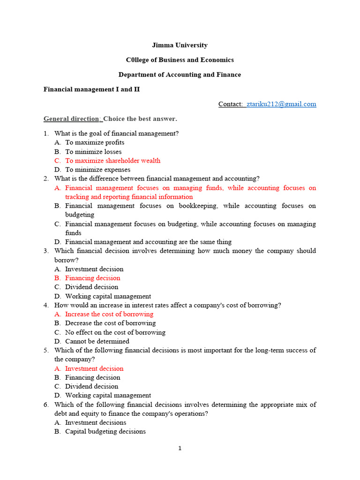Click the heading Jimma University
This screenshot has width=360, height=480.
pos(180,45)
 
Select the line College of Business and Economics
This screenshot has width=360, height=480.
pos(180,60)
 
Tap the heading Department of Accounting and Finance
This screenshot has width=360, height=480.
pos(180,75)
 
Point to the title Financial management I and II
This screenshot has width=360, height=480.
pos(91,89)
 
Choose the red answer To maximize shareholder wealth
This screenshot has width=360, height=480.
pos(112,161)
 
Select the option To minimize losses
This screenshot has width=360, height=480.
pos(93,152)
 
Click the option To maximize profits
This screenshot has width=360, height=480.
pos(95,142)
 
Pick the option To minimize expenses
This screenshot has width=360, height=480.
pos(97,170)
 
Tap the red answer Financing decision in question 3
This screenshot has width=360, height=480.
pos(92,278)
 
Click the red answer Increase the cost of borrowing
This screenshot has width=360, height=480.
pos(109,314)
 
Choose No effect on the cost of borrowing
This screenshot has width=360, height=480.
pos(115,332)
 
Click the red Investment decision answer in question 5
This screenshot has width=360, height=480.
pos(94,368)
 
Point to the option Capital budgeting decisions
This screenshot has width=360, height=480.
pos(105,431)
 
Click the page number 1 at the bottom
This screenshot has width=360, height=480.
pos(180,449)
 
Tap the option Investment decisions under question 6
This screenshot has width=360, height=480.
pos(96,422)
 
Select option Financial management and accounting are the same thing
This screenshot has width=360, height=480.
pos(148,242)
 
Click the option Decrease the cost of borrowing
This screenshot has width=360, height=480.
pos(110,323)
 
